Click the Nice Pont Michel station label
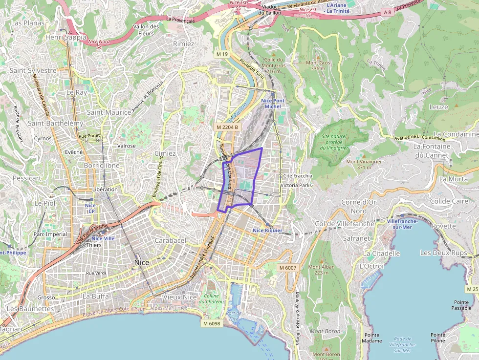point(271,103)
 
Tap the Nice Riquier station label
point(268,230)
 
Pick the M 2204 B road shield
point(227,127)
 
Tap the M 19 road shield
point(222,54)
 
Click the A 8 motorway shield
point(388,12)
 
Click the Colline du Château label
point(211,298)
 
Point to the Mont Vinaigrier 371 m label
point(364,164)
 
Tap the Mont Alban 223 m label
point(321,270)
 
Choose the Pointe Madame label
point(372,338)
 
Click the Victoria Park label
point(296,186)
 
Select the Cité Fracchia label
point(298,175)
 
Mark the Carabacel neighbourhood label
point(171,240)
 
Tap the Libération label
point(105,189)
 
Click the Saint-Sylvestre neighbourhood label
point(33,70)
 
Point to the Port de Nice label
point(234,316)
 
